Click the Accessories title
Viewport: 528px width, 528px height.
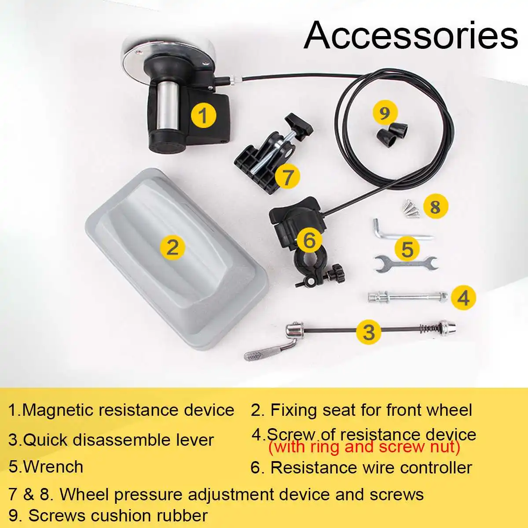tap(411, 35)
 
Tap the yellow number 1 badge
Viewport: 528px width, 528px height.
tap(203, 115)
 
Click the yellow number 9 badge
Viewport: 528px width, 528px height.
tap(385, 113)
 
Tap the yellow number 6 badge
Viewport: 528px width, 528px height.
tap(309, 240)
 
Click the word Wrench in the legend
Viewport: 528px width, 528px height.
tap(53, 467)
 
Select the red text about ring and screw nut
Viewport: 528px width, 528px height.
tap(364, 447)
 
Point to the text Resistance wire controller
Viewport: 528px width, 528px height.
tap(371, 467)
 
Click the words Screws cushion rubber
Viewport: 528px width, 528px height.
tap(117, 515)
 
